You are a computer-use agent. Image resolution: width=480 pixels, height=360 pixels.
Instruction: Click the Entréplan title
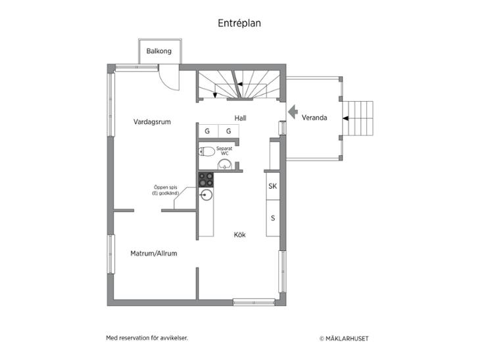[x=239, y=24]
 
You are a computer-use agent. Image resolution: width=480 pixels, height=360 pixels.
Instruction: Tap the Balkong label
[x=159, y=51]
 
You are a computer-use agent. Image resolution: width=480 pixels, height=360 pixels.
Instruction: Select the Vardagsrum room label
[x=152, y=122]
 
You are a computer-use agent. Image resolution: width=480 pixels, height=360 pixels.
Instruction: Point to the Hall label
[x=240, y=118]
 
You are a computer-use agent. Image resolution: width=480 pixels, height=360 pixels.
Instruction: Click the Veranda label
[x=314, y=118]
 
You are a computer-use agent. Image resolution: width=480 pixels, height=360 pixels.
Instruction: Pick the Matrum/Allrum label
[x=154, y=254]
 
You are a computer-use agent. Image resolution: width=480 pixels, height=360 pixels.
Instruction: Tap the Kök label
[x=240, y=235]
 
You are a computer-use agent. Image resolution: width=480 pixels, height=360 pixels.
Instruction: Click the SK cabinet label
[x=273, y=186]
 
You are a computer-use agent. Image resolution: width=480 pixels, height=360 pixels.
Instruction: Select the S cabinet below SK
[x=273, y=218]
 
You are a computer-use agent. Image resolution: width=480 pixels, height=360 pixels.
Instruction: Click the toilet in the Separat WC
[x=206, y=151]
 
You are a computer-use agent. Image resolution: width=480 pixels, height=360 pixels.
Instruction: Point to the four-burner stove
[x=206, y=180]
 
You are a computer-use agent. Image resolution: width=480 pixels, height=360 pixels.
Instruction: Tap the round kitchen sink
[x=206, y=195]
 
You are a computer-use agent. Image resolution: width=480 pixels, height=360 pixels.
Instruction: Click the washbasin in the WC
[x=225, y=164]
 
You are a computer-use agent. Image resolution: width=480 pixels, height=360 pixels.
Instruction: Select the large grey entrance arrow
[x=293, y=111]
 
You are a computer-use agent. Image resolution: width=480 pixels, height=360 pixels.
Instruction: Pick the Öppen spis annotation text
[x=166, y=190]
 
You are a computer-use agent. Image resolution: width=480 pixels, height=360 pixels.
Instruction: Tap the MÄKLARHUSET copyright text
[x=344, y=338]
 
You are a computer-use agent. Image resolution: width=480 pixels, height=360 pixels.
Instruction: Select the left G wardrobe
[x=208, y=131]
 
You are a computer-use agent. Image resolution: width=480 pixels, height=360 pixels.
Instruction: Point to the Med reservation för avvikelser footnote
[x=147, y=338]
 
